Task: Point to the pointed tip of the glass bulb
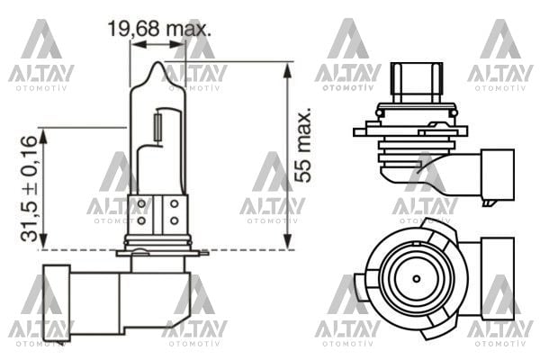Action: [157, 65]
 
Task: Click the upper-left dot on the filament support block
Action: [142, 204]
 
